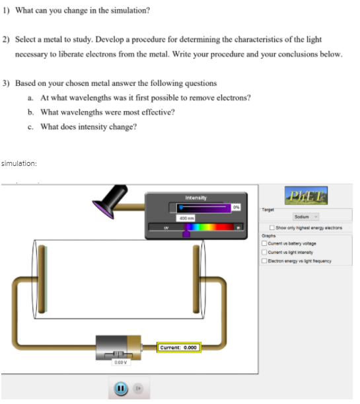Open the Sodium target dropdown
pos(306,217)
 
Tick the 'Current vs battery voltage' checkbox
pos(264,241)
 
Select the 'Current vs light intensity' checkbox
pos(264,248)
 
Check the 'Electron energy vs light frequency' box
pos(264,255)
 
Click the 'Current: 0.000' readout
pos(179,347)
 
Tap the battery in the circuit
pos(118,346)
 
